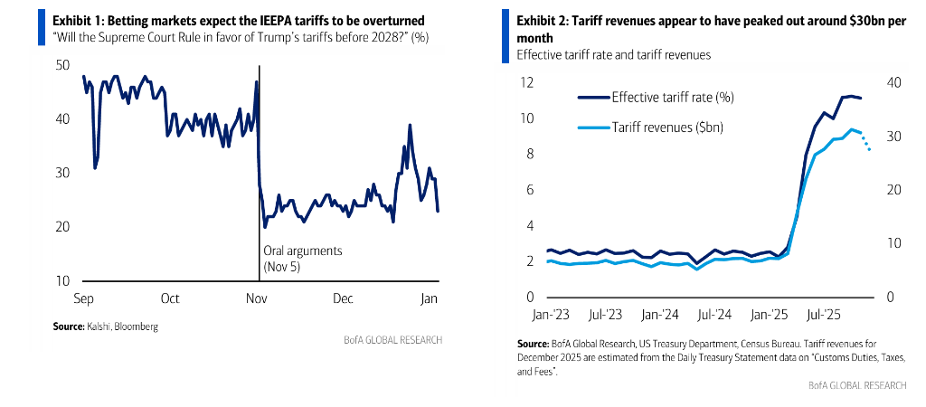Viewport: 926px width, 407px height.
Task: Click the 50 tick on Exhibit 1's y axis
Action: tap(63, 65)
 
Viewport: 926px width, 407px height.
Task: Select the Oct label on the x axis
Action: tap(169, 298)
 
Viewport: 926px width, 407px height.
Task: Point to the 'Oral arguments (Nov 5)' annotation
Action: tap(297, 259)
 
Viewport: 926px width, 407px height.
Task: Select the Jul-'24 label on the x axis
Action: tap(713, 316)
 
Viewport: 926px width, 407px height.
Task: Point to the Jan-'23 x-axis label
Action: tap(547, 316)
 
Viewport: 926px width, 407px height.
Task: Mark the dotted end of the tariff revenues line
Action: tap(865, 143)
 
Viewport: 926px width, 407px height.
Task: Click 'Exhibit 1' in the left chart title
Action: tap(76, 19)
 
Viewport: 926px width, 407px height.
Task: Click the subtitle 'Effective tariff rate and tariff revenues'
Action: tap(613, 54)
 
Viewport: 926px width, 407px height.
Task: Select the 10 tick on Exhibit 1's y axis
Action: tap(62, 280)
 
